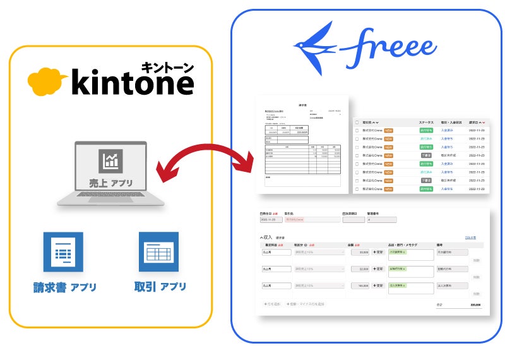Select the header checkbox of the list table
pyautogui.click(x=357, y=122)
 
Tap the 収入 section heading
pyautogui.click(x=266, y=237)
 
